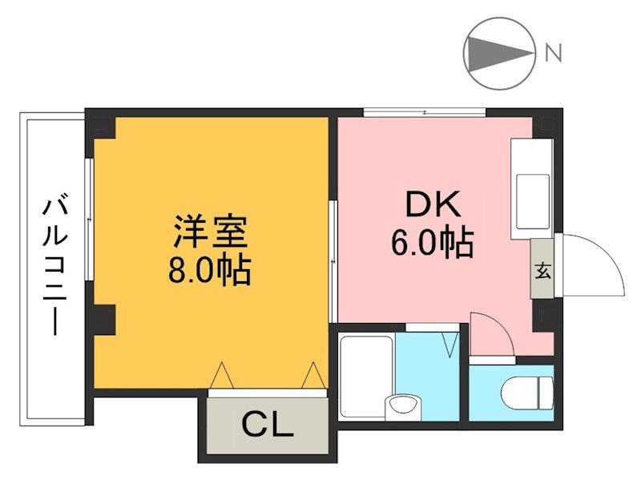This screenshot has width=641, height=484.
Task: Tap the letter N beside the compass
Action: pyautogui.click(x=553, y=54)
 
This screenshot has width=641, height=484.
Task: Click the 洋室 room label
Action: pyautogui.click(x=210, y=231)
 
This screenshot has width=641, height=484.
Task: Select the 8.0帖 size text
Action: pyautogui.click(x=210, y=271)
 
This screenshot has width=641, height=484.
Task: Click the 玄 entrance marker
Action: pyautogui.click(x=542, y=269)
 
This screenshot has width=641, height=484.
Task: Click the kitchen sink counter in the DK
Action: pyautogui.click(x=531, y=189)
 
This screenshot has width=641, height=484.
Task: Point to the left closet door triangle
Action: pyautogui.click(x=222, y=375)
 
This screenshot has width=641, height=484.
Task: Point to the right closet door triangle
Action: pyautogui.click(x=312, y=375)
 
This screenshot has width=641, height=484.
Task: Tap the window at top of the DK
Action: pyautogui.click(x=425, y=111)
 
